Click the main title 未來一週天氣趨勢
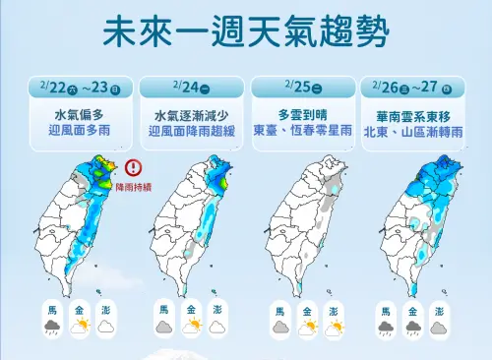click(x=245, y=31)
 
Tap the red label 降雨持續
click(x=134, y=186)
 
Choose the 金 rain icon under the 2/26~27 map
click(x=413, y=327)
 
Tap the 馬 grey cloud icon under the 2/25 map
click(x=278, y=328)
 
